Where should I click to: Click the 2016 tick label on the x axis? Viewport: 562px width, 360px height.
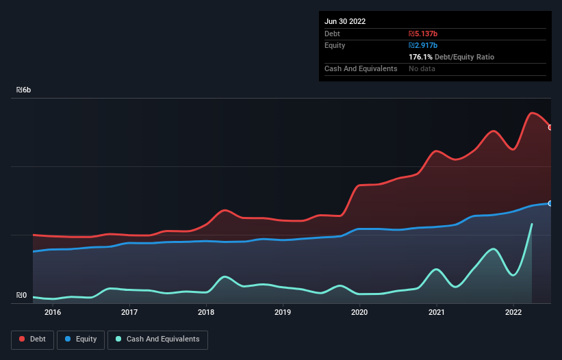pos(53,313)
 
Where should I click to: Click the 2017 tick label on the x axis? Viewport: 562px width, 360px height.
pos(129,313)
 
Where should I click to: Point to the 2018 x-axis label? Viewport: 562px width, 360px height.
pos(206,313)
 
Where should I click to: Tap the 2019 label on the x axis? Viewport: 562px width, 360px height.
pos(283,313)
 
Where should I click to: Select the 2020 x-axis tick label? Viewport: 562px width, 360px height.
pos(359,313)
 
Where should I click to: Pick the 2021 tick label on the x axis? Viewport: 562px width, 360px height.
pos(436,313)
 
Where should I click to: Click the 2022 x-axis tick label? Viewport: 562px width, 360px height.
pos(513,313)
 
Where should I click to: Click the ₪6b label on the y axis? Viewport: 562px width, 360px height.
pos(24,90)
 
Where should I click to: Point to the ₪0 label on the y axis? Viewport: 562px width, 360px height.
pos(22,296)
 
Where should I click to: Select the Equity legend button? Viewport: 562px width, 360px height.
pos(81,339)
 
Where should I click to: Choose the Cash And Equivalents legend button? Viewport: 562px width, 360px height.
pos(157,339)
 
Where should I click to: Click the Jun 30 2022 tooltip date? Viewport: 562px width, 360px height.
pos(345,21)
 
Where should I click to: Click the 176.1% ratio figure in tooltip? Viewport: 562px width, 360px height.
pos(421,57)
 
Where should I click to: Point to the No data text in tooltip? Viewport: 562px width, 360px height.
pos(423,68)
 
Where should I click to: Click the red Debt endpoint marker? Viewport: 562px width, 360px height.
pos(550,127)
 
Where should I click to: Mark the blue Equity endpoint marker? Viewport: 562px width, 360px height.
pos(550,203)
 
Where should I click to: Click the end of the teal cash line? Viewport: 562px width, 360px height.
pos(531,224)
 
